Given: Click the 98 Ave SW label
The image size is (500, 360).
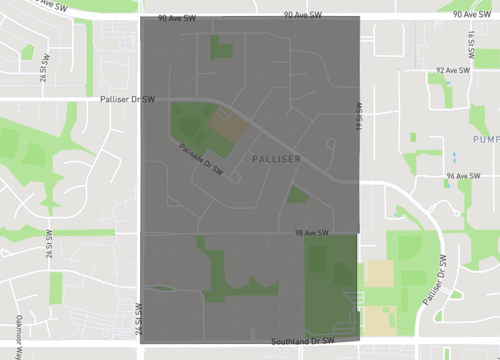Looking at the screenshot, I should point(312,233).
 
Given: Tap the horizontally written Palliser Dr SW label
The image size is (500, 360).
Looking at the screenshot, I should point(129,100).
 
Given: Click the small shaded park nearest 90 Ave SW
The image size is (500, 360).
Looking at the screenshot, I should point(220,46).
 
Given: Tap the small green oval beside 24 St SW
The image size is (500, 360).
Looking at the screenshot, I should point(162,289).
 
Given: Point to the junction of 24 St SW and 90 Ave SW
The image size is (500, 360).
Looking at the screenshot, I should point(141,17).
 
